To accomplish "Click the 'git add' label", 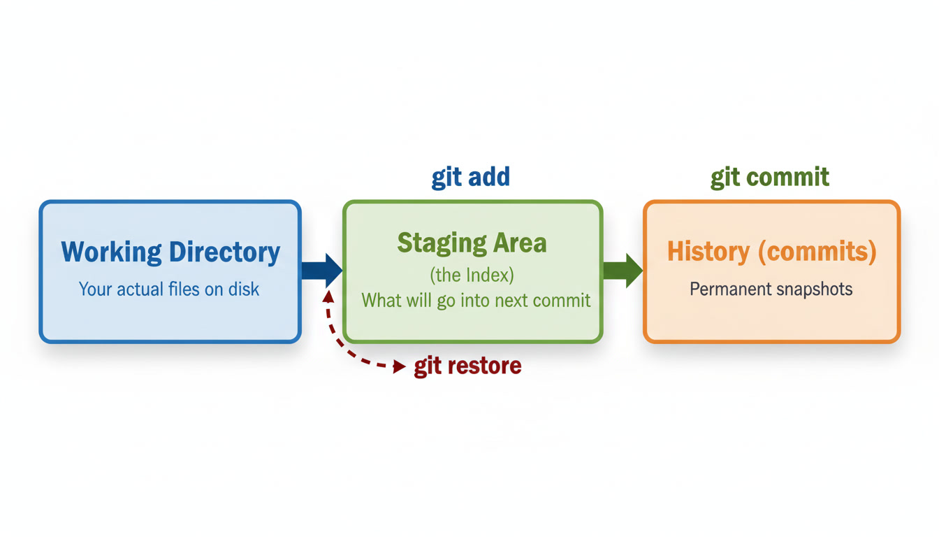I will coord(470,177).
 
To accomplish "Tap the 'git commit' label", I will coord(770,177).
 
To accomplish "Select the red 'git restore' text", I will coord(467,366).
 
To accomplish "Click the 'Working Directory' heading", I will coord(170,252).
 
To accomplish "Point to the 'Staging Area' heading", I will coord(472,243).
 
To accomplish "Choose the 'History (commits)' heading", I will coord(771,251).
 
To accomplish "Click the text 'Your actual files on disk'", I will coord(169,289).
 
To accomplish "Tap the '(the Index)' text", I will coord(472,274).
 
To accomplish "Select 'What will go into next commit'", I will coord(476,301).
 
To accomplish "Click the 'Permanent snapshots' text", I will coord(771,289).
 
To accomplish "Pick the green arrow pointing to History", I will coord(623,270).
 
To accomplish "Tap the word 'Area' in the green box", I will coord(521,243).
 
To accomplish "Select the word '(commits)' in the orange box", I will coord(817,251).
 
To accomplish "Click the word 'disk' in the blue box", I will coord(244,289).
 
